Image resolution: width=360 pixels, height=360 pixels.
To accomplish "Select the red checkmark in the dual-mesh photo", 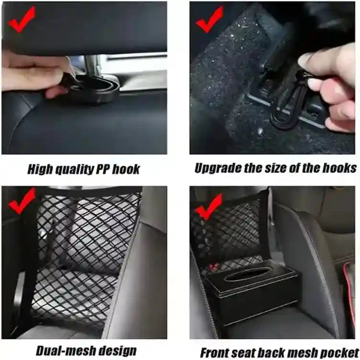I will coord(22,201).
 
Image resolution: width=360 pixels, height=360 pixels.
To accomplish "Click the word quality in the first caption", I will coord(70,169).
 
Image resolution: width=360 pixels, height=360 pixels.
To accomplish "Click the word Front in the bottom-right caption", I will coord(214,352).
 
